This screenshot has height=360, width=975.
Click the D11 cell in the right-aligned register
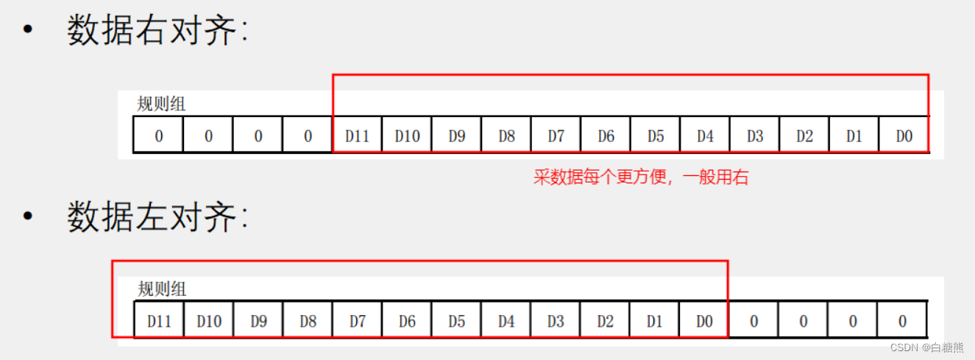click(x=357, y=135)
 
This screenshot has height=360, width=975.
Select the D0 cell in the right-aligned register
click(x=904, y=135)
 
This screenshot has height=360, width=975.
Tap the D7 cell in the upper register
click(x=556, y=135)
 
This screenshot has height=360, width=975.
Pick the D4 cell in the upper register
click(x=705, y=135)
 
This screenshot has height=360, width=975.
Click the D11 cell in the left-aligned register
click(x=159, y=321)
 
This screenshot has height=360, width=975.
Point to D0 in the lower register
click(x=704, y=321)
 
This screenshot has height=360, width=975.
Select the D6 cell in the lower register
click(x=407, y=321)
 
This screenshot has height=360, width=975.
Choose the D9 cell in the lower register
click(x=258, y=321)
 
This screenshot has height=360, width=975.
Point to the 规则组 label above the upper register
click(x=161, y=104)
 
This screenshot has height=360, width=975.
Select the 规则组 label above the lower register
click(x=162, y=289)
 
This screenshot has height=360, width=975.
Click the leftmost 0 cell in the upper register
click(x=158, y=135)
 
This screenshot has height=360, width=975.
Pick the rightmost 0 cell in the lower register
click(x=902, y=321)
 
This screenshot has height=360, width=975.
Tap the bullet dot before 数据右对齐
click(x=28, y=31)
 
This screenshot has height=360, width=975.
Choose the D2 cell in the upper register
click(x=804, y=135)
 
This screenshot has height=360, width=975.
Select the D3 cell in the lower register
click(x=556, y=321)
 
